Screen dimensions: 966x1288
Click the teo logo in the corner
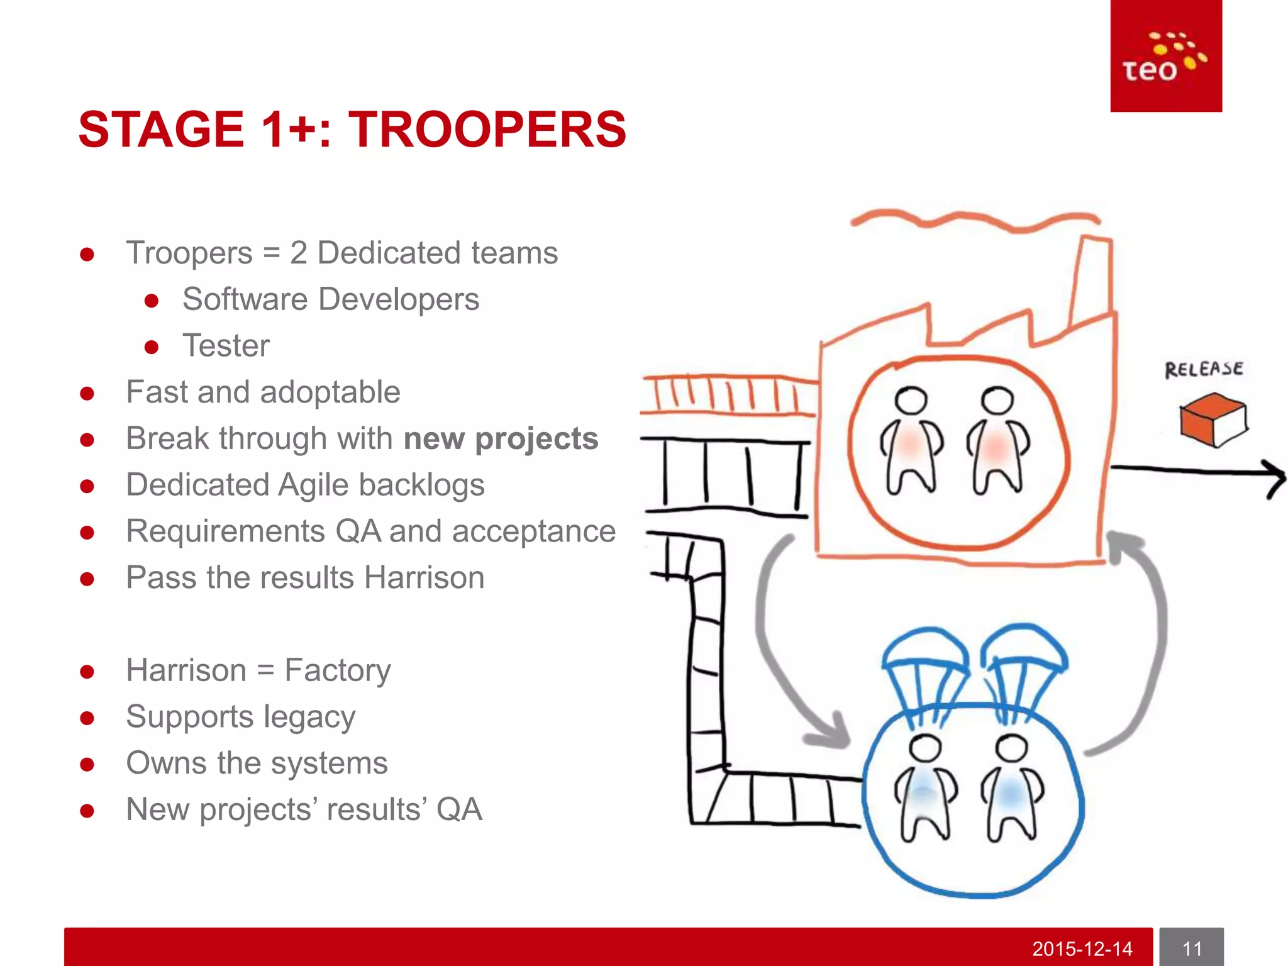pyautogui.click(x=1165, y=57)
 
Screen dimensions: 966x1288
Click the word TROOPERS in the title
pyautogui.click(x=487, y=130)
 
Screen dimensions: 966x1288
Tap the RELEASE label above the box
pyautogui.click(x=1203, y=369)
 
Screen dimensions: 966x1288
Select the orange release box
pyautogui.click(x=1213, y=419)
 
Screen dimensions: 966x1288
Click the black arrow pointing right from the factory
pyautogui.click(x=1195, y=471)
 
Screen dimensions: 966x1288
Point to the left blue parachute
pyautogui.click(x=924, y=654)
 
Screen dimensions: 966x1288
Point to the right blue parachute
pyautogui.click(x=1024, y=651)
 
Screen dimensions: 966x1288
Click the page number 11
pyautogui.click(x=1191, y=948)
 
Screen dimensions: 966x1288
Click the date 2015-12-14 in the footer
pyautogui.click(x=1082, y=948)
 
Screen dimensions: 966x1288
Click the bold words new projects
pyautogui.click(x=501, y=438)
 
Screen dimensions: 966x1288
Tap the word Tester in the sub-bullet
pyautogui.click(x=226, y=345)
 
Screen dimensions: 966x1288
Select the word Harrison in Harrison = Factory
pyautogui.click(x=186, y=670)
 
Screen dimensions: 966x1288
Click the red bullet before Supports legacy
pyautogui.click(x=87, y=718)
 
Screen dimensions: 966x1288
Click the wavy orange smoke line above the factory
pyautogui.click(x=975, y=220)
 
